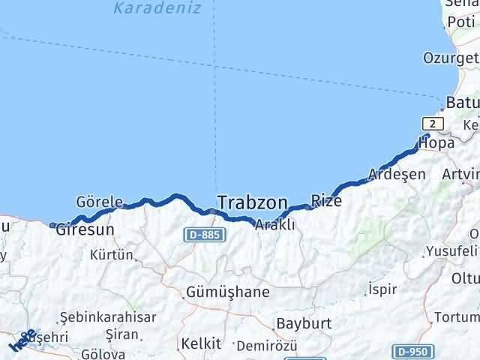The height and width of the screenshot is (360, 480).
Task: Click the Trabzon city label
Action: tap(252, 202)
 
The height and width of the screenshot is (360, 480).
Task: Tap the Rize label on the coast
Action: tap(326, 201)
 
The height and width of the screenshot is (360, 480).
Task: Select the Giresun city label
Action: tap(85, 231)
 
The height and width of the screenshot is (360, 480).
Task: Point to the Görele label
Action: tap(98, 202)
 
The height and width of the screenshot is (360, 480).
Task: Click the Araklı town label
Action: tap(274, 224)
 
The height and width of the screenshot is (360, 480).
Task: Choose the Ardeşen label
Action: tap(397, 175)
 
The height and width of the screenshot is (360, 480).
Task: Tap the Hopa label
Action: tap(436, 142)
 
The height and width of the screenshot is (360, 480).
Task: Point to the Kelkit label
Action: tap(201, 343)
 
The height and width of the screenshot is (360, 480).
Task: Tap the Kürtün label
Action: tap(111, 255)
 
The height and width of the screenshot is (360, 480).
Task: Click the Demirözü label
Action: tap(266, 346)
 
